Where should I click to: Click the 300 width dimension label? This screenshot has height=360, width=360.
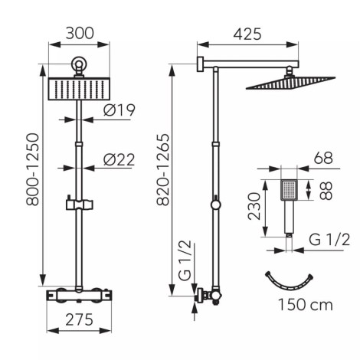coord(80,33)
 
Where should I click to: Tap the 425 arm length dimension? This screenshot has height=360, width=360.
coord(247,34)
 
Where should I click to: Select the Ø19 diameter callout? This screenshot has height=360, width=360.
coord(119,110)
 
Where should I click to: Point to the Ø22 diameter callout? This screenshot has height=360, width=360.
coord(119,160)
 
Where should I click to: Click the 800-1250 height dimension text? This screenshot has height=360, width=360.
coord(33,169)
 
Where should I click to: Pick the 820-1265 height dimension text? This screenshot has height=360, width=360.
coord(163,169)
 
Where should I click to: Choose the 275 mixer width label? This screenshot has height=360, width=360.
coord(79,320)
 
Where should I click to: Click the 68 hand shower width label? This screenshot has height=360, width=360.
coord(323,158)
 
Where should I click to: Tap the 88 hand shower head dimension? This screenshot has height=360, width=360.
coord(326,191)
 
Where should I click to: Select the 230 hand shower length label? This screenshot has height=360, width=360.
coord(254,206)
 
